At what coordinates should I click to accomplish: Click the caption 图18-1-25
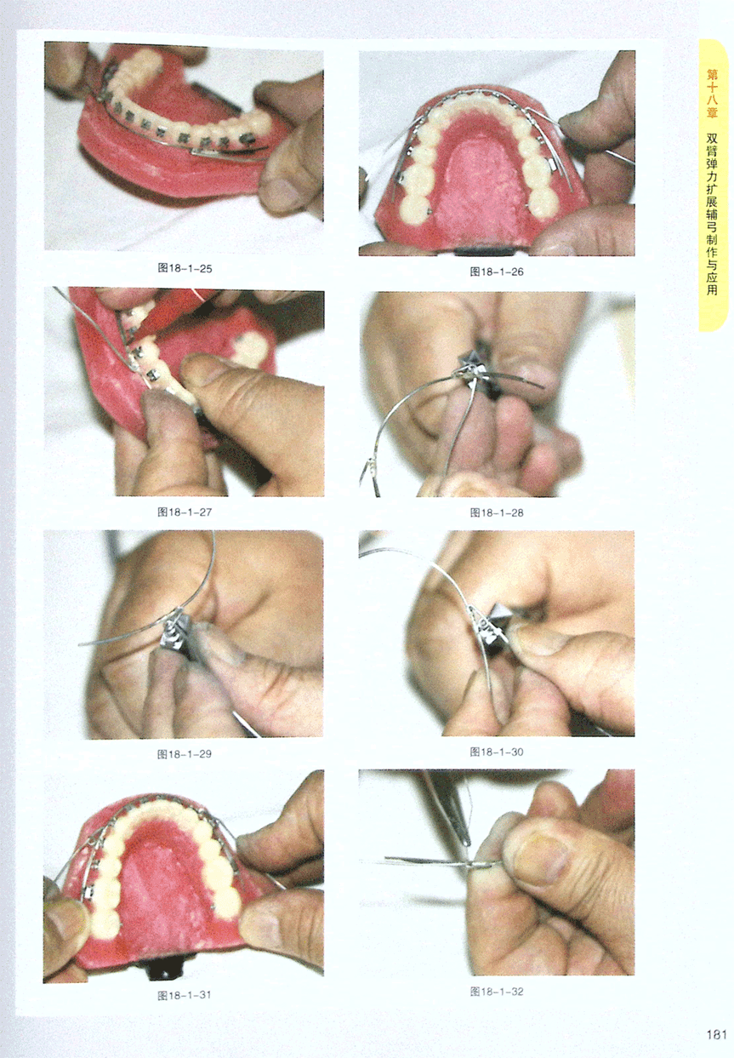(185, 269)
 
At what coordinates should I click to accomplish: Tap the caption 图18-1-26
(497, 272)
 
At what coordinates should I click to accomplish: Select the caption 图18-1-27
(185, 512)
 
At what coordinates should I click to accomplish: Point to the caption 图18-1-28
(497, 512)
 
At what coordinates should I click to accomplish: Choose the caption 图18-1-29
(185, 754)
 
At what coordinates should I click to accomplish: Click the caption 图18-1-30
(497, 752)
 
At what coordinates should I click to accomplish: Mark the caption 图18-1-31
(185, 995)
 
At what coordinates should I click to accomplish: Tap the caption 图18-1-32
(497, 992)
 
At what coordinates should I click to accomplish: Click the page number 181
(716, 1034)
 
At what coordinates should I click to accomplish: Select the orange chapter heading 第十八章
(712, 94)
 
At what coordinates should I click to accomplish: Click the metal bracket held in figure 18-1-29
(175, 635)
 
